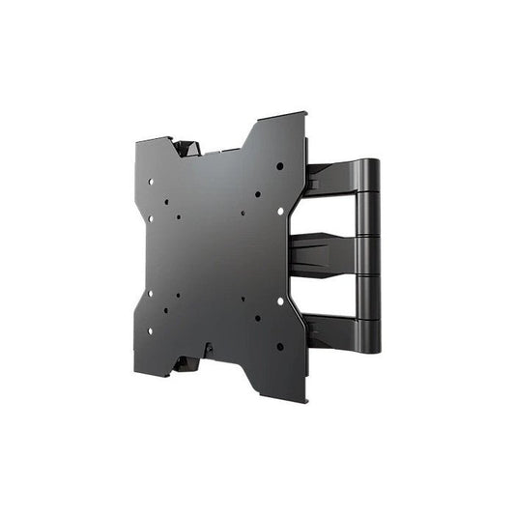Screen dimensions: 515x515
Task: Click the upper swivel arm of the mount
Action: pos(333,180)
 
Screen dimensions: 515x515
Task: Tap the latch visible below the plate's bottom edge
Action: pos(186,364)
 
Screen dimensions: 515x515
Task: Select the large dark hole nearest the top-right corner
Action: pos(280,166)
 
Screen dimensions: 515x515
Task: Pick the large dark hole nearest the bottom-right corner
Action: pos(280,346)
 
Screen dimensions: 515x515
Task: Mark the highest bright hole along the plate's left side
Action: pos(151,180)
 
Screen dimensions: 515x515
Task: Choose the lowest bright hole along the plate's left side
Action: pos(150,330)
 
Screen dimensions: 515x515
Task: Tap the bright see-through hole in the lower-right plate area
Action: pos(280,301)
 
